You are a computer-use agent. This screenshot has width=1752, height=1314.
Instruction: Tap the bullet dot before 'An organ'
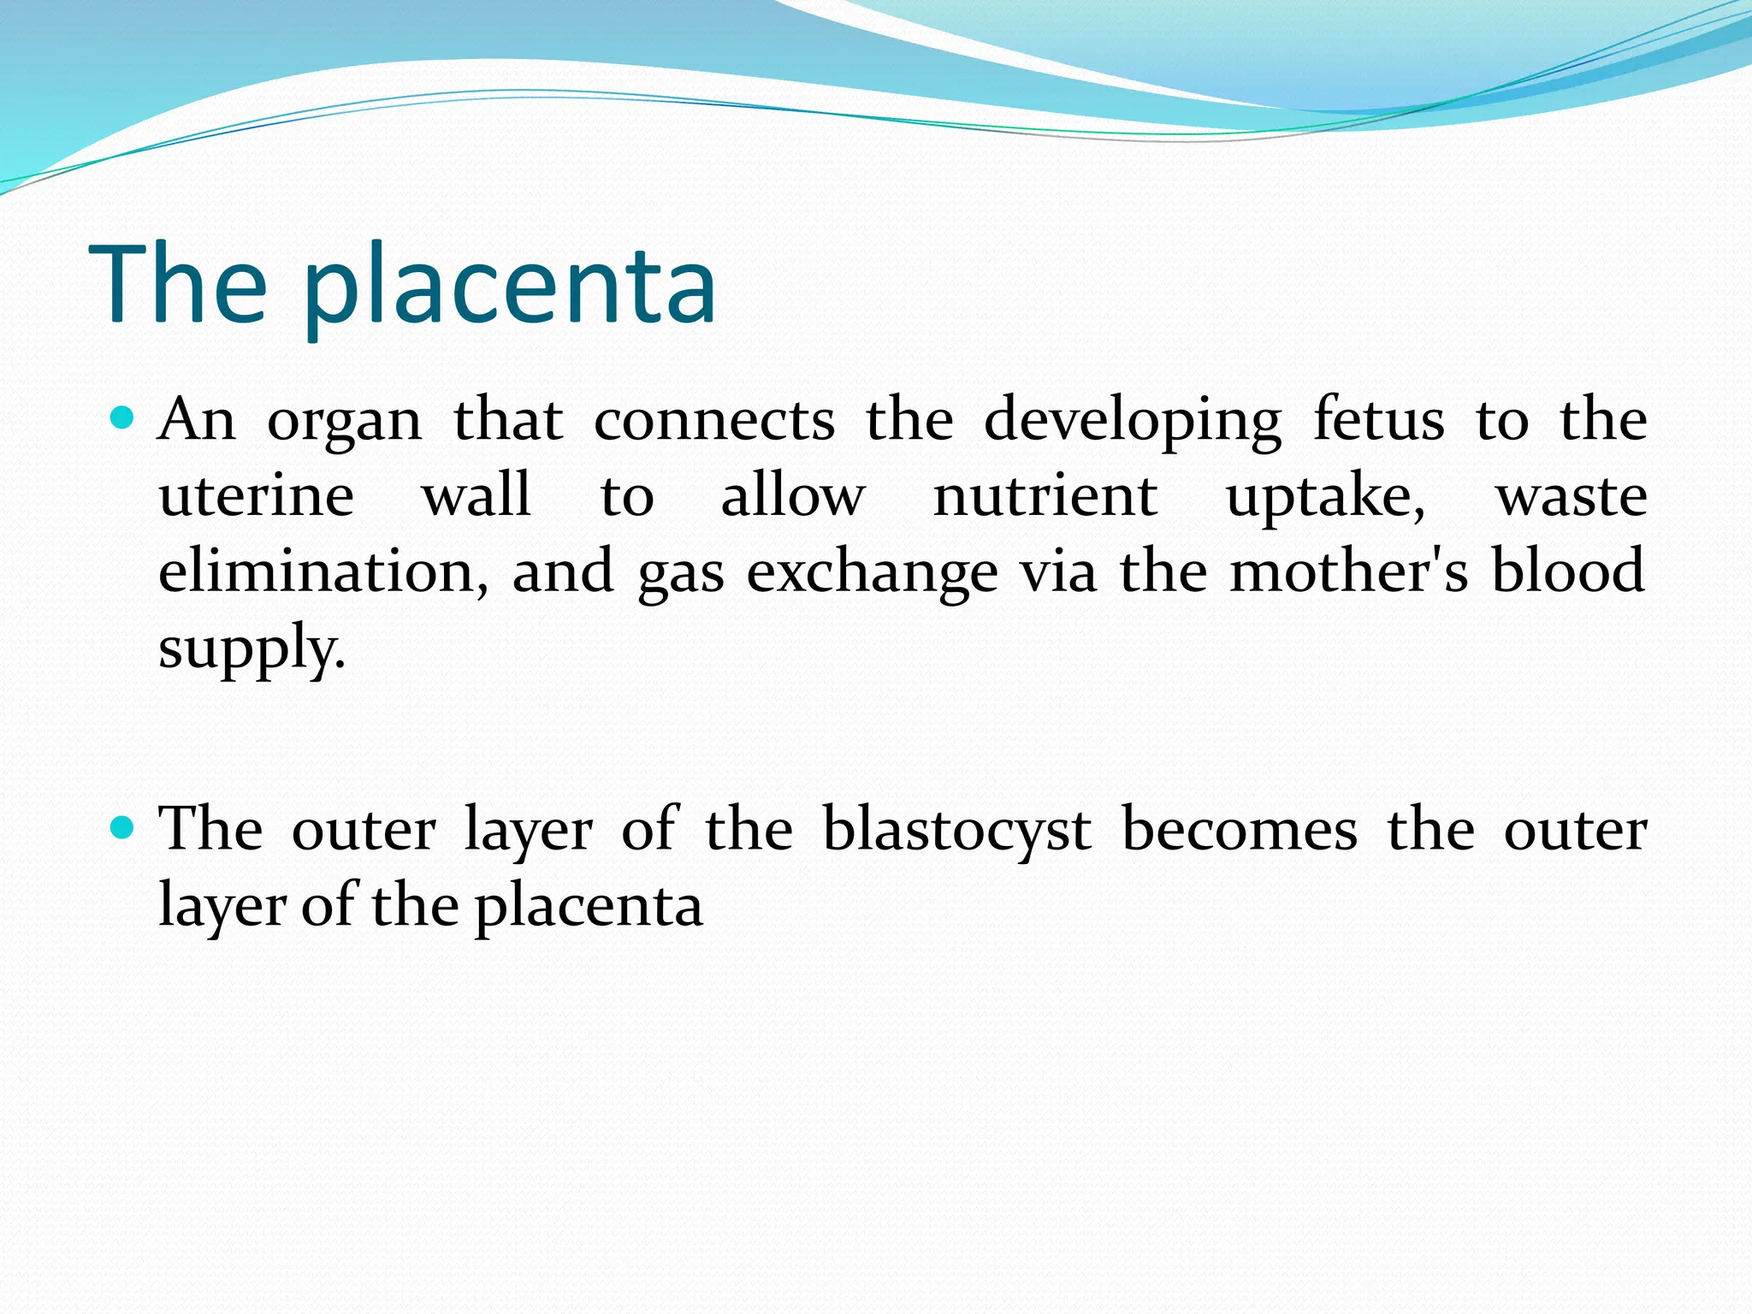124,418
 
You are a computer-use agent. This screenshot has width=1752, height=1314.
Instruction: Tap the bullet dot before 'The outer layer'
124,828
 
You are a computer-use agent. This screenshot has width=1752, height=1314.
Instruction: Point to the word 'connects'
714,421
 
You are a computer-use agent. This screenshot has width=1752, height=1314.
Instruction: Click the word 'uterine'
257,496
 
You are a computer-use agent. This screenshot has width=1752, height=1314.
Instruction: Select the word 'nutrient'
1045,496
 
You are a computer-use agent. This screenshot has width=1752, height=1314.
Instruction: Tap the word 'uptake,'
1326,499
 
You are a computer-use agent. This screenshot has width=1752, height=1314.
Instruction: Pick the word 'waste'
1571,497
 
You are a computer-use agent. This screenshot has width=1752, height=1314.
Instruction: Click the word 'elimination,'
324,571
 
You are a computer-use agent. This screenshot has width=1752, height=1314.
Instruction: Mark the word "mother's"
1349,571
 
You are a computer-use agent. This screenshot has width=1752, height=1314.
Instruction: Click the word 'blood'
1568,571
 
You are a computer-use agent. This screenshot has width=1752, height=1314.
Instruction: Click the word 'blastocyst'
956,831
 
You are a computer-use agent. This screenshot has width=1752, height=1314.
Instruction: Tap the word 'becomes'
1240,830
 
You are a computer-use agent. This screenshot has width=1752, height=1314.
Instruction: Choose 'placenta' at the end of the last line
589,907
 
